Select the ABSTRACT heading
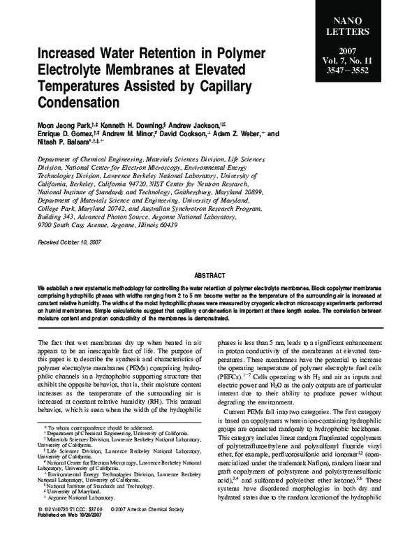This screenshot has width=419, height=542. pyautogui.click(x=209, y=275)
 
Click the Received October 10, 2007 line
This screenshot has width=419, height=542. pyautogui.click(x=70, y=241)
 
